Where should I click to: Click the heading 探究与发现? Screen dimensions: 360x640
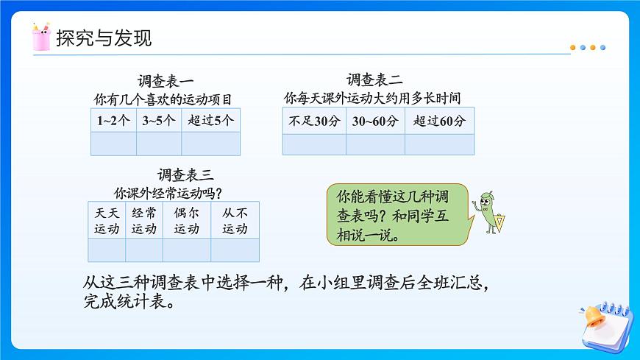104,38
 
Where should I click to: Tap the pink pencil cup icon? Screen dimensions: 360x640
41,37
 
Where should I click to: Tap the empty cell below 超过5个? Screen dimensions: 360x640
210,144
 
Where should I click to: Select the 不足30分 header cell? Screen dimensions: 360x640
314,121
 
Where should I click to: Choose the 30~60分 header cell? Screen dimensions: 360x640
375,121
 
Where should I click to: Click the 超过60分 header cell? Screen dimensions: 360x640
439,121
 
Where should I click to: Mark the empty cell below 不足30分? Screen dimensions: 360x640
314,144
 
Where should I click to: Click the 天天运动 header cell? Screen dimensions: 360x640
107,220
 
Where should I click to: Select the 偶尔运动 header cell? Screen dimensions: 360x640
187,220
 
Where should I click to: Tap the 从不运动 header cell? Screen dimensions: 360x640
235,220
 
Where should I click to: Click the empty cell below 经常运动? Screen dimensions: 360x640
144,250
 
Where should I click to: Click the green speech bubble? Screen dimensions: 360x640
397,215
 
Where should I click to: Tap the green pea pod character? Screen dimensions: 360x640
488,211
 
